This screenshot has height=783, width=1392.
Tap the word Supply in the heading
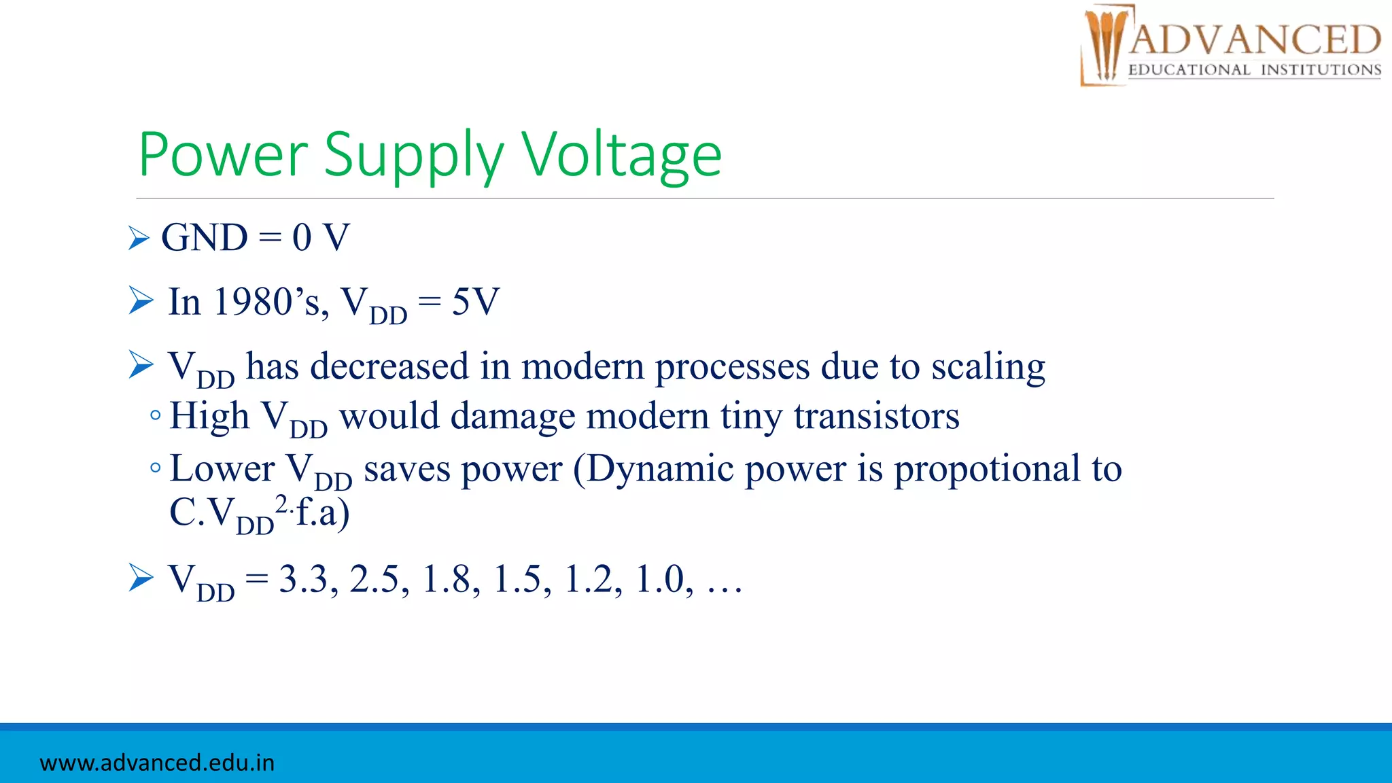tap(413, 156)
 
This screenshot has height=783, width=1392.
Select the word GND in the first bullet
tap(205, 238)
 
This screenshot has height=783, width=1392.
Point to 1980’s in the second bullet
tap(271, 302)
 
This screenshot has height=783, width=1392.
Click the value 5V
tap(476, 302)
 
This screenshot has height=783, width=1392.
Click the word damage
tap(512, 416)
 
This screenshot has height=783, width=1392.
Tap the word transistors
tap(876, 416)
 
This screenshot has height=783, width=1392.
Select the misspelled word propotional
tap(986, 469)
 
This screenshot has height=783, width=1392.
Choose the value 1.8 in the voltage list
tap(446, 579)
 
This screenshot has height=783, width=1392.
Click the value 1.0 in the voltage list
tap(659, 579)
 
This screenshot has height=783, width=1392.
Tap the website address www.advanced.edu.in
tap(157, 763)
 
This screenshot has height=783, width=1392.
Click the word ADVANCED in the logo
tap(1255, 39)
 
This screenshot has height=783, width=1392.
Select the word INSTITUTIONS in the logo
tap(1321, 70)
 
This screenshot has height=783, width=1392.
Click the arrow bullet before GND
tap(139, 238)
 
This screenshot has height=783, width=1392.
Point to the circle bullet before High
tap(156, 415)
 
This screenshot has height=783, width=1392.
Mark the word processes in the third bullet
tap(732, 367)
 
